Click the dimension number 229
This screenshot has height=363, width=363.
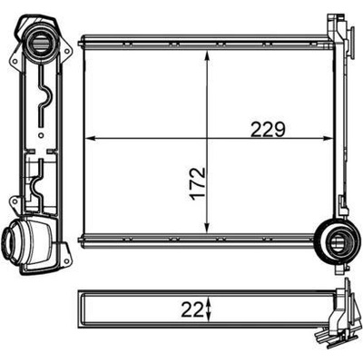269,130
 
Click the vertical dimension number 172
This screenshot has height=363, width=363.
198,183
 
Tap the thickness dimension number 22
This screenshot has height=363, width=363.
192,310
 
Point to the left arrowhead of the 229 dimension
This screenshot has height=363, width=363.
91,139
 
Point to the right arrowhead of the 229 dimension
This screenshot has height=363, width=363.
328,139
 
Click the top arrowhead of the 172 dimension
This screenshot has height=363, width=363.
207,56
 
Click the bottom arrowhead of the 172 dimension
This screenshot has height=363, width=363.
207,228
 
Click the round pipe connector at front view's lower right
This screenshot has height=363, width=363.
337,241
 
